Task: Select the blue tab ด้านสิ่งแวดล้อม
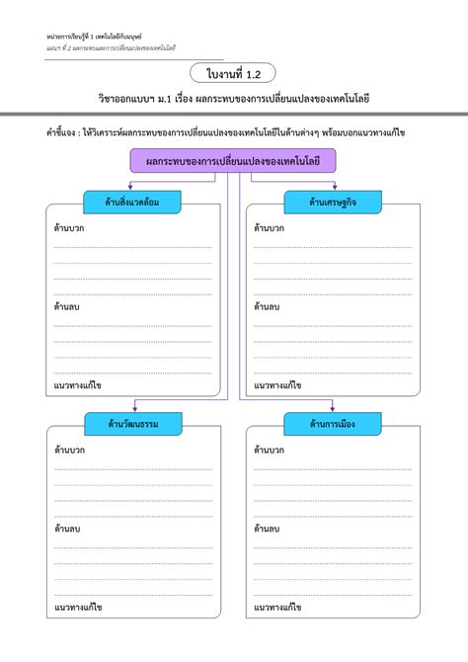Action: (x=131, y=203)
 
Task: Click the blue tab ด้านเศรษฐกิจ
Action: (x=333, y=203)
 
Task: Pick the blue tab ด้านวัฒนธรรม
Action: (x=131, y=424)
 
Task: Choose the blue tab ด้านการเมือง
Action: (x=333, y=424)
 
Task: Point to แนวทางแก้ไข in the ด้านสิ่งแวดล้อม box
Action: (x=78, y=385)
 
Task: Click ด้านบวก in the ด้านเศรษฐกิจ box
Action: (x=270, y=228)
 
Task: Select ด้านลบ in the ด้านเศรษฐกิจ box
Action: (x=267, y=307)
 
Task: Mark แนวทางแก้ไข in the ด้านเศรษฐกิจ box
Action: (x=277, y=385)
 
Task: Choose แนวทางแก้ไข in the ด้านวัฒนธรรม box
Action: (x=78, y=607)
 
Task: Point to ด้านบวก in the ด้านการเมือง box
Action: (x=270, y=450)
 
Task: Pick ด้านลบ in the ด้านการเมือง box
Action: (x=267, y=529)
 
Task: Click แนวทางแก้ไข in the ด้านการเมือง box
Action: (x=277, y=607)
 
